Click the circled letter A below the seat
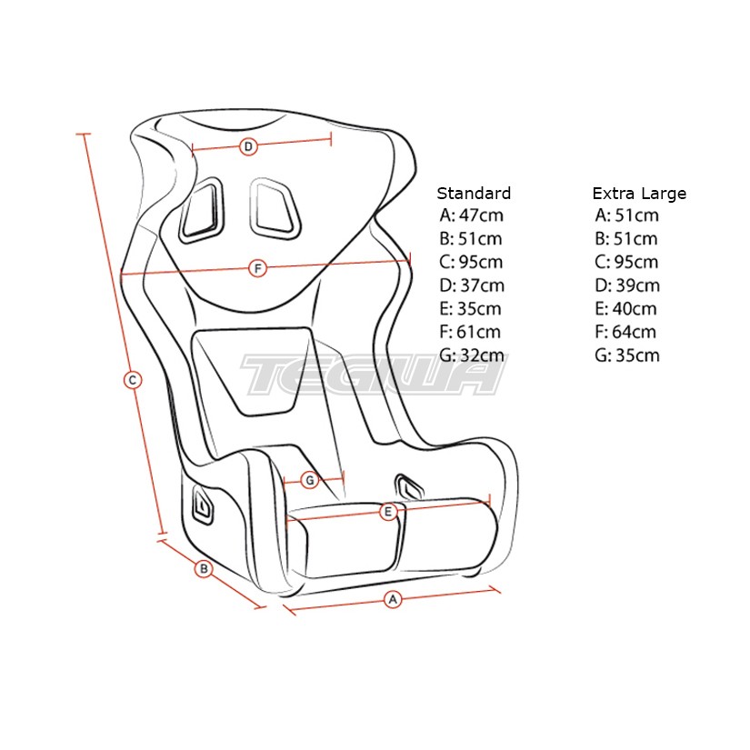coord(393,599)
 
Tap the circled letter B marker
coord(204,569)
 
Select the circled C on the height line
coord(133,380)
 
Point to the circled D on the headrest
coord(248,146)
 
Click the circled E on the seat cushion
coord(388,512)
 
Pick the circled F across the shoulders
coord(258,268)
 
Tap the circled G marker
coord(310,480)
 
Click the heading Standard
coord(474,194)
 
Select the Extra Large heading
coord(639,194)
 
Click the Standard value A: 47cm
coord(471,215)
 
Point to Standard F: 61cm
coord(470,332)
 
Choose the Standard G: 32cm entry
coord(471,355)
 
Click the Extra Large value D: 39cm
coord(627,285)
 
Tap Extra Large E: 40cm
coord(625,308)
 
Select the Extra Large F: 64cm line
coord(625,332)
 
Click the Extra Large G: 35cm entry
coord(627,355)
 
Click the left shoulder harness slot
coord(201,211)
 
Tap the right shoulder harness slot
coord(274,209)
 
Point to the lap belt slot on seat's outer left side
coord(203,504)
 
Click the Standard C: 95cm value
coord(471,262)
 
